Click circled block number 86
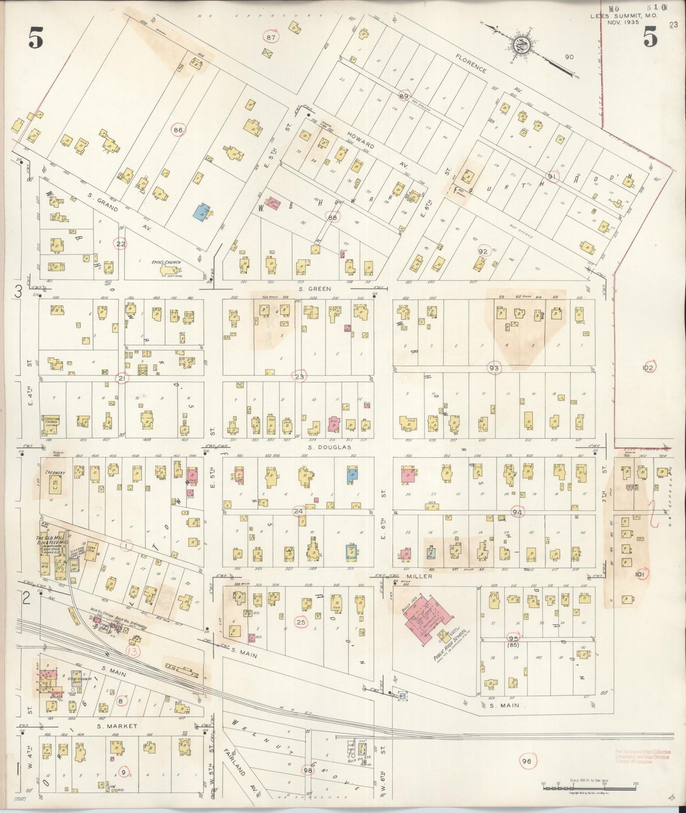179,129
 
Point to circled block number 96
526,761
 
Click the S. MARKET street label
117,726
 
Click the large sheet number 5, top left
36,38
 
